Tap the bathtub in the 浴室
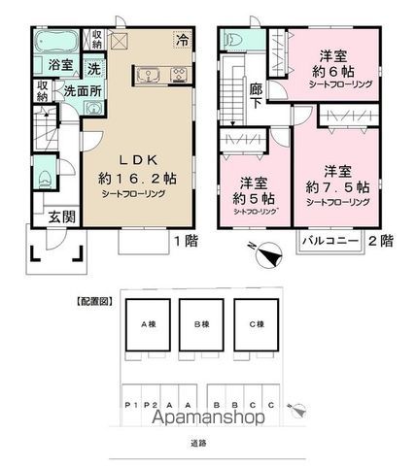click(56, 44)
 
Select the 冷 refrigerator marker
click(183, 40)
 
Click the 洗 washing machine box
click(94, 70)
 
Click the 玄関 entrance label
click(48, 217)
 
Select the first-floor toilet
click(46, 181)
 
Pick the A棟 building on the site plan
click(150, 325)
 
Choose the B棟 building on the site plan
click(203, 325)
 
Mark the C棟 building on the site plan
click(257, 325)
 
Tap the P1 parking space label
click(127, 406)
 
